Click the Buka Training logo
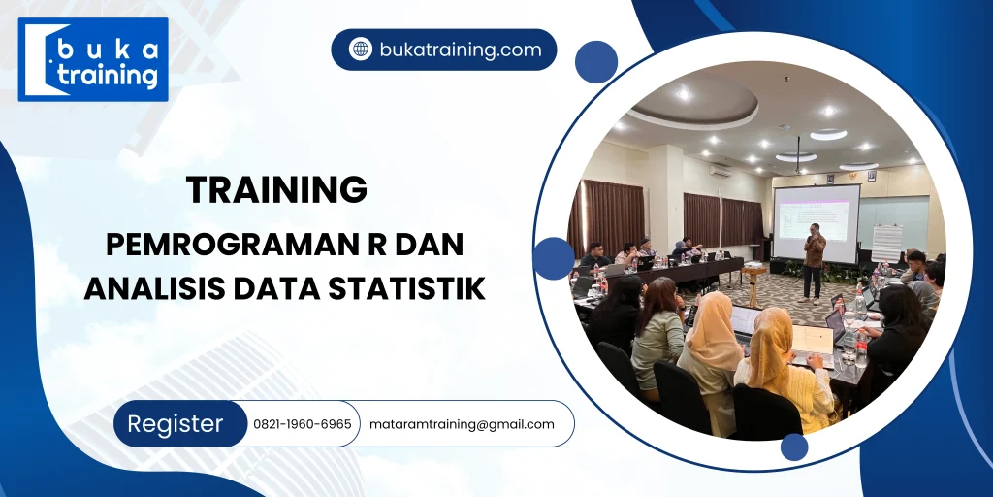(x=93, y=59)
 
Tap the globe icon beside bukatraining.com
(x=361, y=50)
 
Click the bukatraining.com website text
(x=461, y=50)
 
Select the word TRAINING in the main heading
(x=277, y=189)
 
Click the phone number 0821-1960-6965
(x=302, y=424)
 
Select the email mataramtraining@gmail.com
(x=462, y=424)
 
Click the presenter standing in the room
(x=814, y=258)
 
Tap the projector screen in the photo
(x=816, y=223)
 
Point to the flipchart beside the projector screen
(x=886, y=244)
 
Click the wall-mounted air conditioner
(x=720, y=170)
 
